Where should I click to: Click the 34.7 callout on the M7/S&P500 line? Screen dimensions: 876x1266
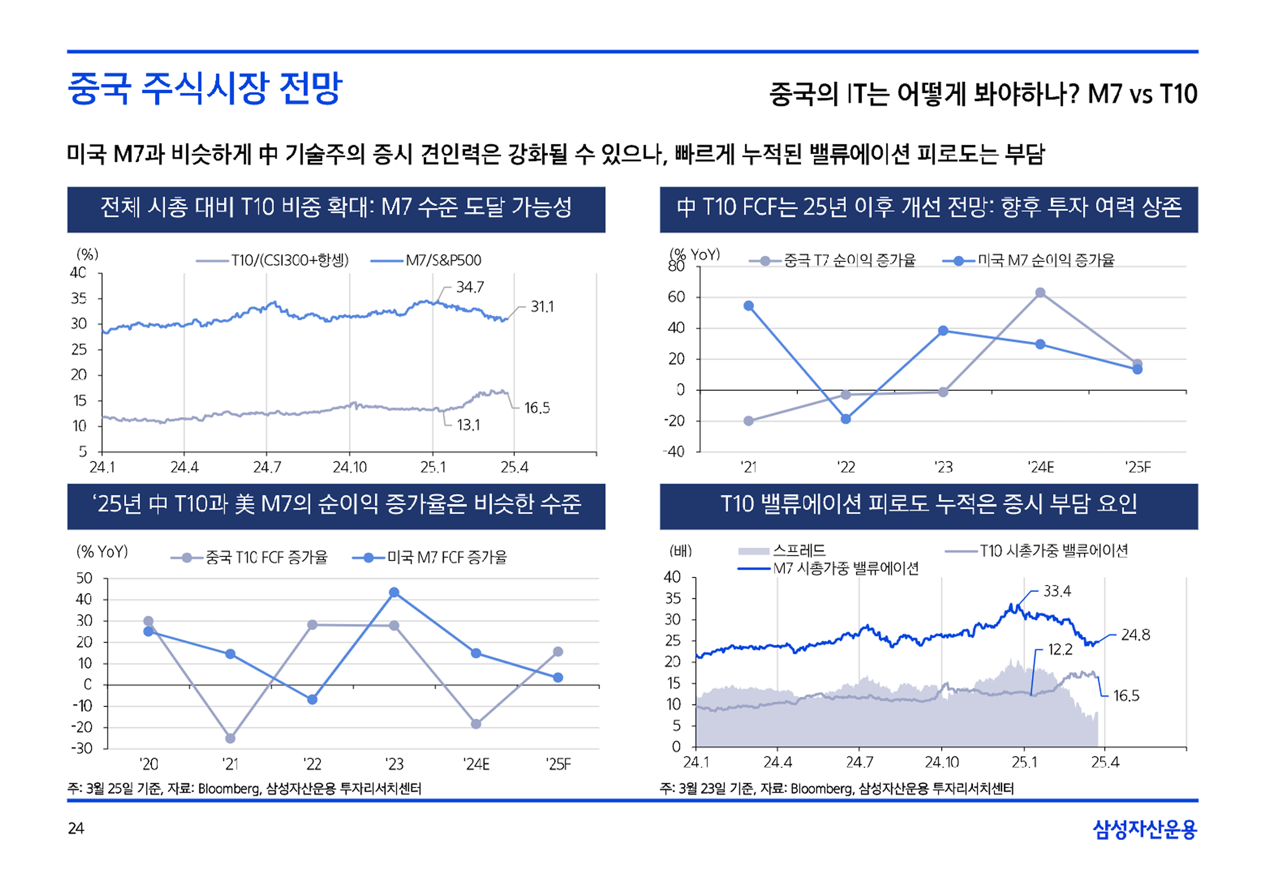pyautogui.click(x=470, y=287)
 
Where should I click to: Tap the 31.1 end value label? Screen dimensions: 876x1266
pyautogui.click(x=542, y=307)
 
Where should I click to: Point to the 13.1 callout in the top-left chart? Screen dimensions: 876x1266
pyautogui.click(x=468, y=425)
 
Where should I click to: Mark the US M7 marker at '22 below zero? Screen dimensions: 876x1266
pyautogui.click(x=846, y=419)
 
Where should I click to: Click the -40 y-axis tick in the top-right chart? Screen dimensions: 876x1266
pyautogui.click(x=674, y=452)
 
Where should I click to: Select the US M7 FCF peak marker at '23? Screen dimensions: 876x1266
pyautogui.click(x=394, y=593)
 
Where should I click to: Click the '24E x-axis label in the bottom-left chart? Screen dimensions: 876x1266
pyautogui.click(x=476, y=764)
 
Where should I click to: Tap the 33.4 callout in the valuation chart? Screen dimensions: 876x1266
pyautogui.click(x=1057, y=591)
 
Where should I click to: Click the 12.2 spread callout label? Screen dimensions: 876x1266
pyautogui.click(x=1060, y=650)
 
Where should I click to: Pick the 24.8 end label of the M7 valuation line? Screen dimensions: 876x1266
pyautogui.click(x=1135, y=635)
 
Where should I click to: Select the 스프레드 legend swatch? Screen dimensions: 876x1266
pyautogui.click(x=754, y=551)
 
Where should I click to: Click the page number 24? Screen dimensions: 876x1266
pyautogui.click(x=76, y=828)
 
